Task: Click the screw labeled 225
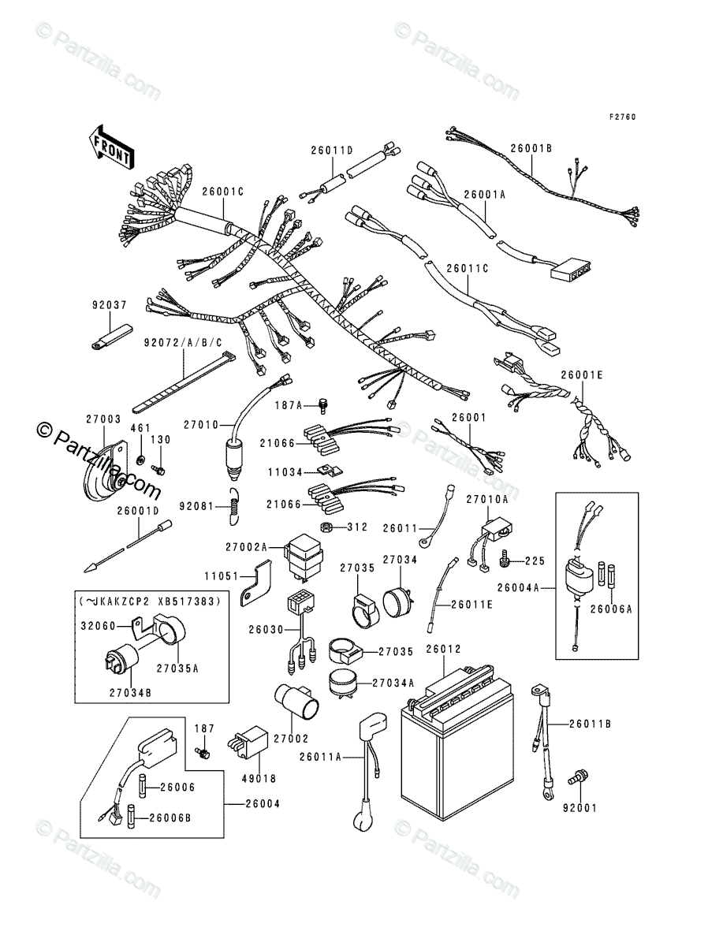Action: [507, 561]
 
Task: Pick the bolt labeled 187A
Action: [322, 406]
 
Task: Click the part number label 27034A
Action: [393, 682]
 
